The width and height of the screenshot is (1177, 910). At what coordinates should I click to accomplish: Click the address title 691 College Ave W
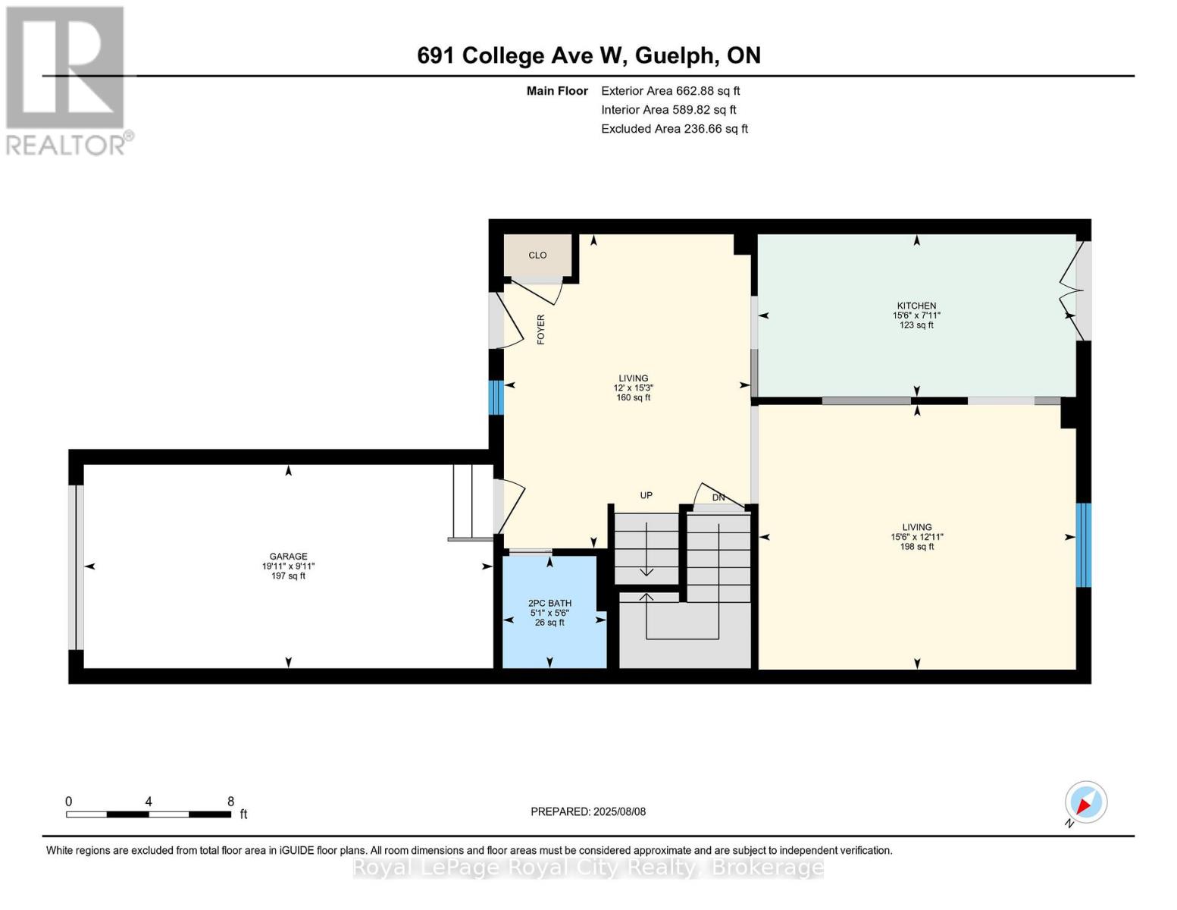pyautogui.click(x=588, y=55)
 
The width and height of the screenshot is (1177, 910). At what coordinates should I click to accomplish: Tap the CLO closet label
pyautogui.click(x=537, y=256)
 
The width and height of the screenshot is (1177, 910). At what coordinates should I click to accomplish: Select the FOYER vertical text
pyautogui.click(x=541, y=330)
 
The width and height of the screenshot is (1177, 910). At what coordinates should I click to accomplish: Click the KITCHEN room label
pyautogui.click(x=916, y=306)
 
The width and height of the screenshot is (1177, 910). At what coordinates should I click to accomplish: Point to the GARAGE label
pyautogui.click(x=288, y=557)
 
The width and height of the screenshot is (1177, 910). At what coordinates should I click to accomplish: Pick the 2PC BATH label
pyautogui.click(x=549, y=604)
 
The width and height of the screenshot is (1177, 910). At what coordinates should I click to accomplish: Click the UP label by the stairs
pyautogui.click(x=646, y=496)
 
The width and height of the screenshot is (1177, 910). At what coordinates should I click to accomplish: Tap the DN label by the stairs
pyautogui.click(x=718, y=498)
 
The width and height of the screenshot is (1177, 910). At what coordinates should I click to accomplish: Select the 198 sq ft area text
pyautogui.click(x=917, y=547)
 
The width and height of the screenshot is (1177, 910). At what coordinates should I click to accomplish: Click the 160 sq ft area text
pyautogui.click(x=634, y=397)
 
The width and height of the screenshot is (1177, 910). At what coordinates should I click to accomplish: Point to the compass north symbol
pyautogui.click(x=1085, y=802)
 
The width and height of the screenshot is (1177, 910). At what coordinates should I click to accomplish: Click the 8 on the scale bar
pyautogui.click(x=230, y=802)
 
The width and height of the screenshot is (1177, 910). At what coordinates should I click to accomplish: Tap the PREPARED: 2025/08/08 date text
pyautogui.click(x=588, y=811)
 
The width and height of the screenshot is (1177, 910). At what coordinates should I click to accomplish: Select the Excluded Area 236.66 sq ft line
pyautogui.click(x=674, y=129)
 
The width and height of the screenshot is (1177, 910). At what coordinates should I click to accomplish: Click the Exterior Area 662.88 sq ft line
pyautogui.click(x=670, y=91)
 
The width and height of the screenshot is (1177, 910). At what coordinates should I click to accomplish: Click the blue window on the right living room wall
pyautogui.click(x=1084, y=545)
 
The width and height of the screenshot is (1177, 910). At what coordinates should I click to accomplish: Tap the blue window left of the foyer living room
pyautogui.click(x=496, y=397)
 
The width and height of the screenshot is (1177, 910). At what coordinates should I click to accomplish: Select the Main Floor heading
pyautogui.click(x=557, y=91)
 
